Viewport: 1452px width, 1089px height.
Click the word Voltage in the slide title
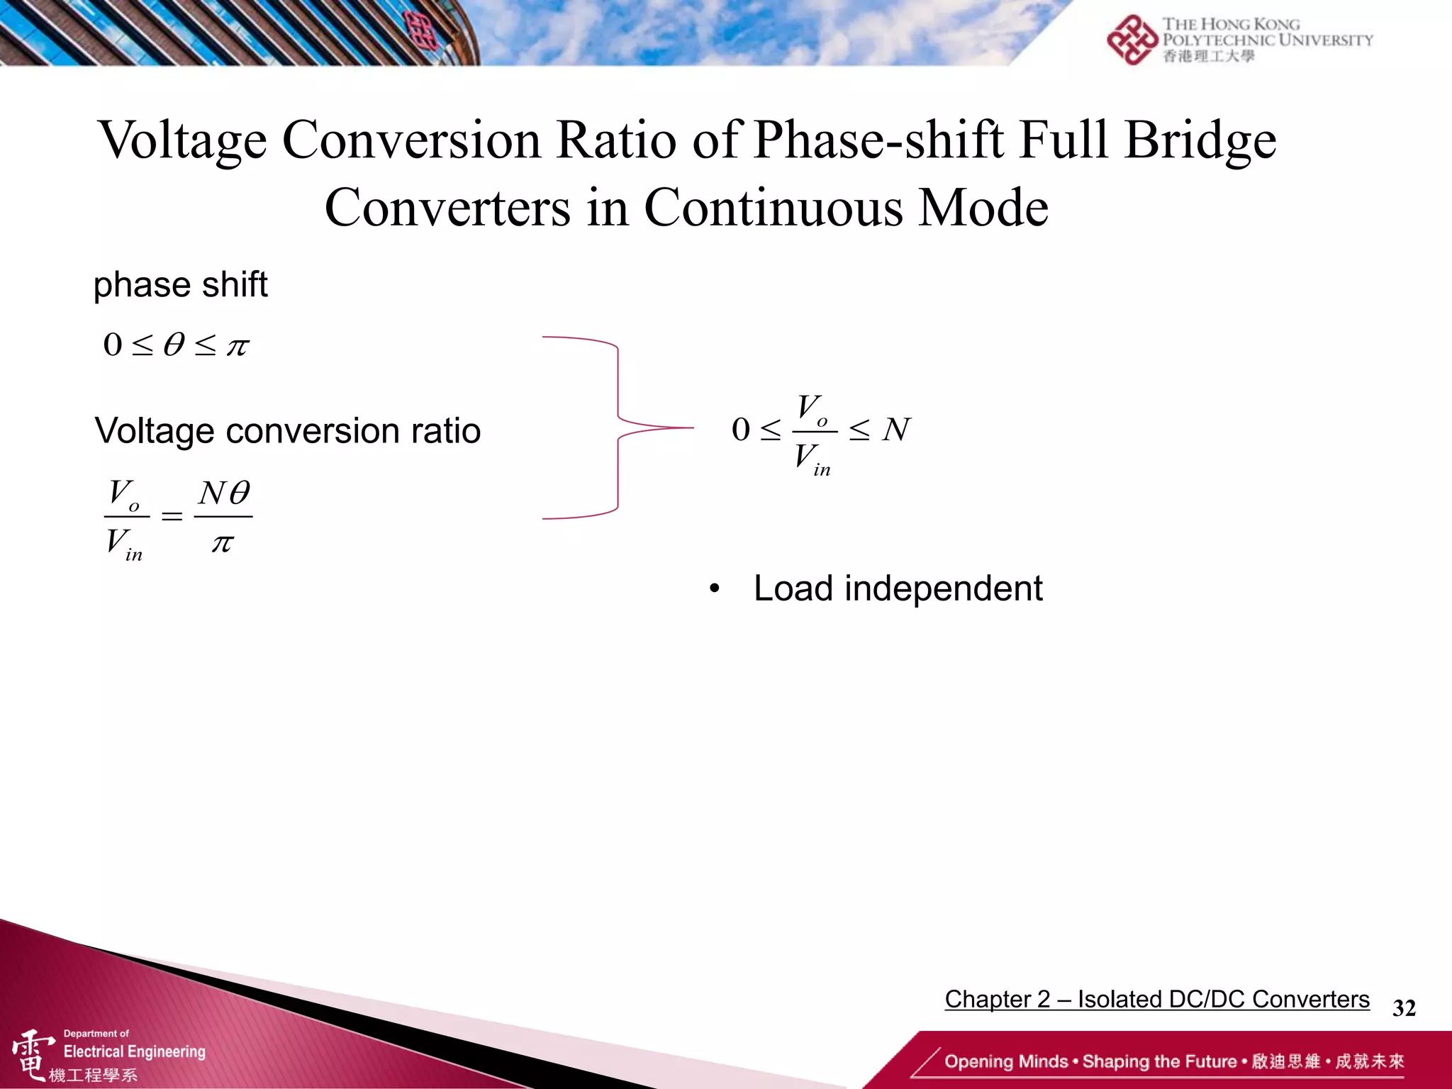pyautogui.click(x=182, y=140)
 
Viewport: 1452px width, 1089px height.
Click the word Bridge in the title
pyautogui.click(x=1200, y=140)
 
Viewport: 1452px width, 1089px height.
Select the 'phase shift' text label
pyautogui.click(x=181, y=285)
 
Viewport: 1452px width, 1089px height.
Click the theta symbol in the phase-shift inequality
pyautogui.click(x=174, y=345)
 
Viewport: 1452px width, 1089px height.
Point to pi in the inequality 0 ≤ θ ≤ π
pyautogui.click(x=238, y=347)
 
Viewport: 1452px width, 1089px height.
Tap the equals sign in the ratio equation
pyautogui.click(x=172, y=516)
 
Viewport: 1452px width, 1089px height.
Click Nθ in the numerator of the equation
pyautogui.click(x=224, y=493)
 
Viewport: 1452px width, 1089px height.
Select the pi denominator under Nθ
pyautogui.click(x=223, y=544)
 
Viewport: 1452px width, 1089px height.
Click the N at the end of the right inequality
pyautogui.click(x=896, y=430)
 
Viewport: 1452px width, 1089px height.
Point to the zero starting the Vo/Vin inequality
pyautogui.click(x=740, y=430)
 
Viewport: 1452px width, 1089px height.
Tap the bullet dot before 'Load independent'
pyautogui.click(x=715, y=588)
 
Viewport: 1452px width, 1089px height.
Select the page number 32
pyautogui.click(x=1404, y=1007)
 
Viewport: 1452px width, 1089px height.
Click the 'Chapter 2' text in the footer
pyautogui.click(x=997, y=999)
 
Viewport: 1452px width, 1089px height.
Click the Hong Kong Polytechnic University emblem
pyautogui.click(x=1132, y=40)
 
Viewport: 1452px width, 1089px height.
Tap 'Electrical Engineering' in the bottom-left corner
pyautogui.click(x=135, y=1051)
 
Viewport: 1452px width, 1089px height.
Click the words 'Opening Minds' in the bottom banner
pyautogui.click(x=1005, y=1061)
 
